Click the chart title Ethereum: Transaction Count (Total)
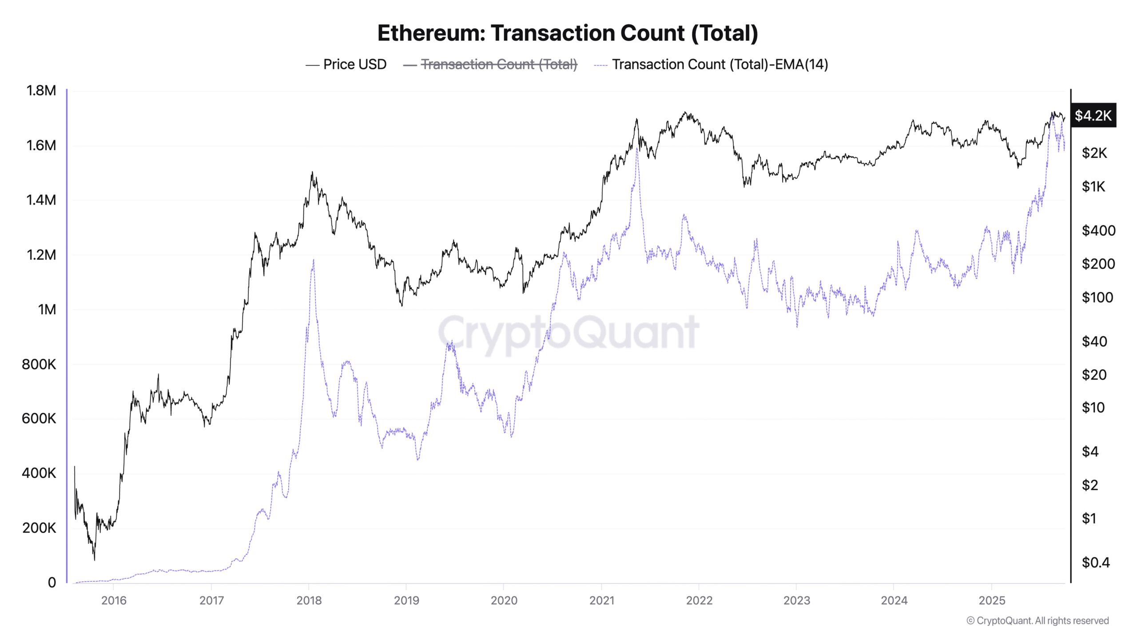click(x=568, y=33)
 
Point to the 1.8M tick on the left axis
click(x=41, y=91)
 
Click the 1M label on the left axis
click(x=47, y=309)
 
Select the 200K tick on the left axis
click(x=39, y=528)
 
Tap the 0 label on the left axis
click(x=52, y=582)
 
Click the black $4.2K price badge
click(x=1093, y=116)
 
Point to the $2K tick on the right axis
click(x=1094, y=153)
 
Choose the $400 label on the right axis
click(x=1098, y=230)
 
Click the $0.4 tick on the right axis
click(x=1096, y=563)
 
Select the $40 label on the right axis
click(x=1094, y=341)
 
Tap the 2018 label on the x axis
click(x=309, y=600)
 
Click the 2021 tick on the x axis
click(x=601, y=600)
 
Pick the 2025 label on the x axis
click(x=992, y=600)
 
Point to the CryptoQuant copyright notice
click(x=1038, y=620)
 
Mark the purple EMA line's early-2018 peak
click(x=314, y=260)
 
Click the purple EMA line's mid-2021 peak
click(x=637, y=149)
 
